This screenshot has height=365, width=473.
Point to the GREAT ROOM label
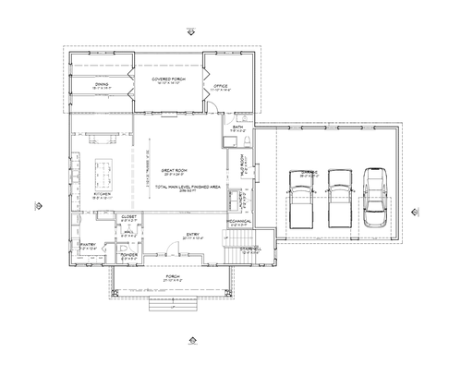(176, 170)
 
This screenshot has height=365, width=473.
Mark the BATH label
(237, 127)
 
